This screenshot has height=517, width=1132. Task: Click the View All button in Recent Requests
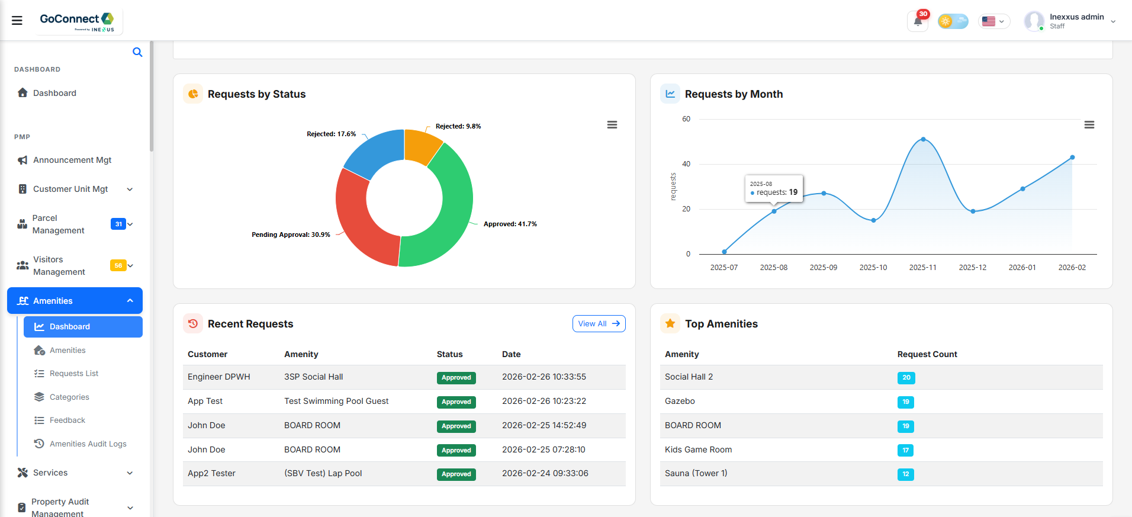point(599,324)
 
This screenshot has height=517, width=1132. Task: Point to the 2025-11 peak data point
point(923,140)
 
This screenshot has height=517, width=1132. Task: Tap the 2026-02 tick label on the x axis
point(1072,268)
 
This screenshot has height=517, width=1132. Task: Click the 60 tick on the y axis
point(686,119)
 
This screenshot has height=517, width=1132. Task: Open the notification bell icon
point(918,22)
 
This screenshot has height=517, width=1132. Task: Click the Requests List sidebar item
point(74,374)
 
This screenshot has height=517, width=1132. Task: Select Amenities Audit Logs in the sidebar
point(88,444)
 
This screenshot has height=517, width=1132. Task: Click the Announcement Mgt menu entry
point(72,160)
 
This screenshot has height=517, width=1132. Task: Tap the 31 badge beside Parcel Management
point(118,224)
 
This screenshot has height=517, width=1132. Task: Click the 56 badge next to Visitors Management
point(118,265)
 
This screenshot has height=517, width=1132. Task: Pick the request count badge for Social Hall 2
point(906,378)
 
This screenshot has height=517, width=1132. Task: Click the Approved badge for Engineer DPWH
point(456,378)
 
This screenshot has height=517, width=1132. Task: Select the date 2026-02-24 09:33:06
point(545,473)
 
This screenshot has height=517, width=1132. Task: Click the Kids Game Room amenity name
point(698,449)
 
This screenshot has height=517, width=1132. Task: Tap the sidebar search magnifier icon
point(137,52)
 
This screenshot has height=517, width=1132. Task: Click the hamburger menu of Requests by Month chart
point(1089,125)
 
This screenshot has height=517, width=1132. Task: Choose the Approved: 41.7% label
point(510,224)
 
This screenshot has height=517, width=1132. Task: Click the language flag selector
point(993,22)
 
